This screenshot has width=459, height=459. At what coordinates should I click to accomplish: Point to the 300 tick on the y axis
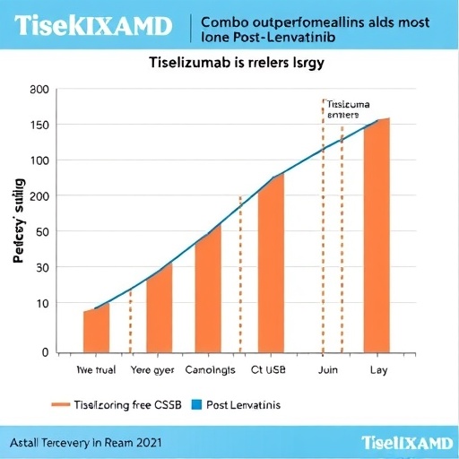tap(38, 90)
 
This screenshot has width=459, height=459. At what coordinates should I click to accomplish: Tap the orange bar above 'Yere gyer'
tap(159, 309)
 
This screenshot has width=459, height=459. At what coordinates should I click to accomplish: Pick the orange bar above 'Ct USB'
tap(271, 263)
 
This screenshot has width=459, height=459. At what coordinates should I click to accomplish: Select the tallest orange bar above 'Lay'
tap(376, 235)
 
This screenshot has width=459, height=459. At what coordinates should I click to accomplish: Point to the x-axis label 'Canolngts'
tap(210, 368)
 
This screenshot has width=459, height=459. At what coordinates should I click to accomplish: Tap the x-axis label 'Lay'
tap(377, 368)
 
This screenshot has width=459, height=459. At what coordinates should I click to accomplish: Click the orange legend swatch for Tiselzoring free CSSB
tap(61, 405)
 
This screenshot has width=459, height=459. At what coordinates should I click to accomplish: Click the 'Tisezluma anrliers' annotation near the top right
tap(348, 108)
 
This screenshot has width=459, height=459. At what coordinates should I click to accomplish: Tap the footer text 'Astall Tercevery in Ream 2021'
tap(87, 442)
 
